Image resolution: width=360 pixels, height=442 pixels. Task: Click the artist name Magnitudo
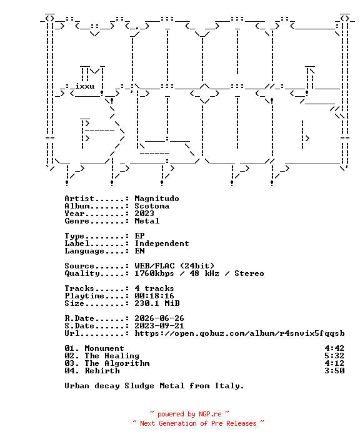pyautogui.click(x=157, y=199)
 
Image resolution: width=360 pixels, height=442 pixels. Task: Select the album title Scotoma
pyautogui.click(x=152, y=206)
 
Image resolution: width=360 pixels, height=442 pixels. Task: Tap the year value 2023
pyautogui.click(x=144, y=214)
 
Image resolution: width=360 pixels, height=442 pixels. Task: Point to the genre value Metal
pyautogui.click(x=147, y=221)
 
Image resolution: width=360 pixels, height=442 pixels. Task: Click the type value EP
pyautogui.click(x=139, y=235)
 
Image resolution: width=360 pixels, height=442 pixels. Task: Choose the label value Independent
pyautogui.click(x=162, y=243)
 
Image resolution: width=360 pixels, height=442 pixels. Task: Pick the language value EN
pyautogui.click(x=139, y=250)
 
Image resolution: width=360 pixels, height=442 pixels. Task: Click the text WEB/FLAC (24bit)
pyautogui.click(x=174, y=266)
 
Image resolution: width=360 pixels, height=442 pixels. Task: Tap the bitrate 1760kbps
pyautogui.click(x=154, y=273)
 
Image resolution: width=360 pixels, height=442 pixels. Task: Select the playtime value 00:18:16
pyautogui.click(x=154, y=296)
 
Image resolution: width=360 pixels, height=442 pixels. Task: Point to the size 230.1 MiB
pyautogui.click(x=157, y=303)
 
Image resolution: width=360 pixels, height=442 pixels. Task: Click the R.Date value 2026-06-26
pyautogui.click(x=159, y=318)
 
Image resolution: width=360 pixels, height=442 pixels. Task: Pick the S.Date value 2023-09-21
pyautogui.click(x=159, y=326)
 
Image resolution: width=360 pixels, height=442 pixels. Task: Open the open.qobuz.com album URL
pyautogui.click(x=239, y=333)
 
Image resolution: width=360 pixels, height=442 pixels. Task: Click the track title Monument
pyautogui.click(x=104, y=348)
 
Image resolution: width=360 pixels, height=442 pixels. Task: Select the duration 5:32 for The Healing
pyautogui.click(x=334, y=356)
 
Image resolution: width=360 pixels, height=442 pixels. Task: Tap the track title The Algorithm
pyautogui.click(x=117, y=363)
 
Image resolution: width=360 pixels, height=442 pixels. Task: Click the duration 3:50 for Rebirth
pyautogui.click(x=334, y=371)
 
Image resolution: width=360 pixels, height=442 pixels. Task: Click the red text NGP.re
pyautogui.click(x=210, y=414)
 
